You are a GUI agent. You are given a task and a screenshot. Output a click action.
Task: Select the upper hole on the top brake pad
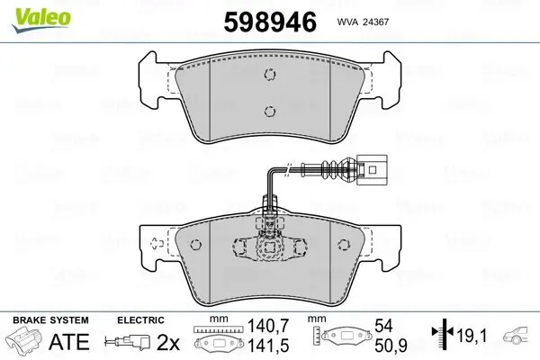(267, 77)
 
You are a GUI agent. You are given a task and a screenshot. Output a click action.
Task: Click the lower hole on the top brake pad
(267, 112)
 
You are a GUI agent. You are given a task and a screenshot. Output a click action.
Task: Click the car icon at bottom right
(520, 337)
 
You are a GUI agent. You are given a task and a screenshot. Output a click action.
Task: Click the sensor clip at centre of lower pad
(267, 245)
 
